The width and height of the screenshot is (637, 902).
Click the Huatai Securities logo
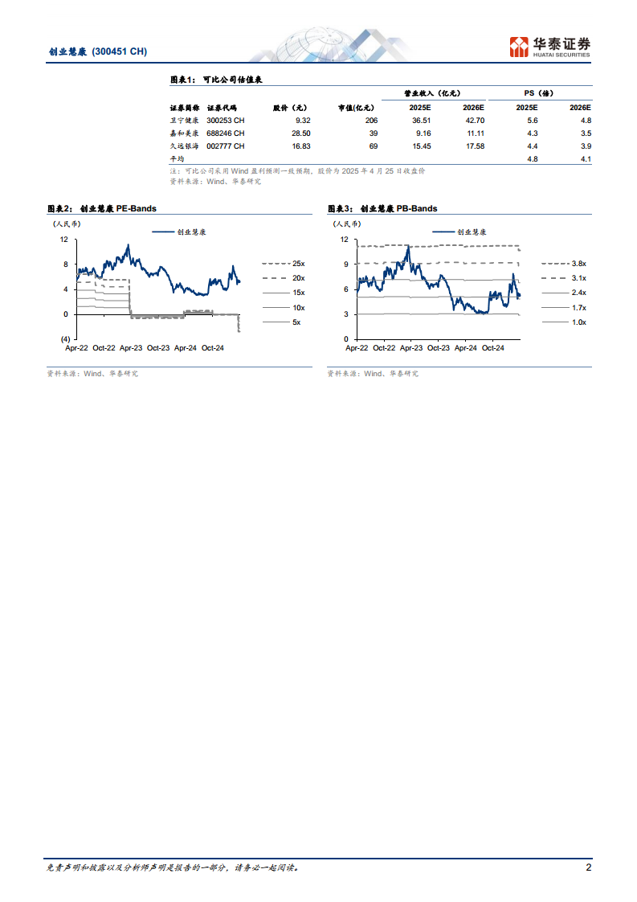pyautogui.click(x=550, y=47)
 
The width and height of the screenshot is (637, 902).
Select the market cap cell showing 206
pyautogui.click(x=370, y=121)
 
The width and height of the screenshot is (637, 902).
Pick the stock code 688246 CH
pyautogui.click(x=226, y=133)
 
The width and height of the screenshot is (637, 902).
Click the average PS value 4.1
pyautogui.click(x=585, y=159)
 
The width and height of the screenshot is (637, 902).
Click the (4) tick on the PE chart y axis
pyautogui.click(x=65, y=338)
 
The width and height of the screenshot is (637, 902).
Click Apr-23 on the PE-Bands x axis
pyautogui.click(x=132, y=348)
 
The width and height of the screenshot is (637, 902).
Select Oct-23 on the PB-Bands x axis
pyautogui.click(x=439, y=348)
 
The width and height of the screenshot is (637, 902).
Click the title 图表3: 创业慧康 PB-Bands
pyautogui.click(x=382, y=209)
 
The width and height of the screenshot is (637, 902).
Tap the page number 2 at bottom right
pyautogui.click(x=588, y=868)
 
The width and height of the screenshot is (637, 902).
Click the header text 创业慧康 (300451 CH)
pyautogui.click(x=98, y=51)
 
